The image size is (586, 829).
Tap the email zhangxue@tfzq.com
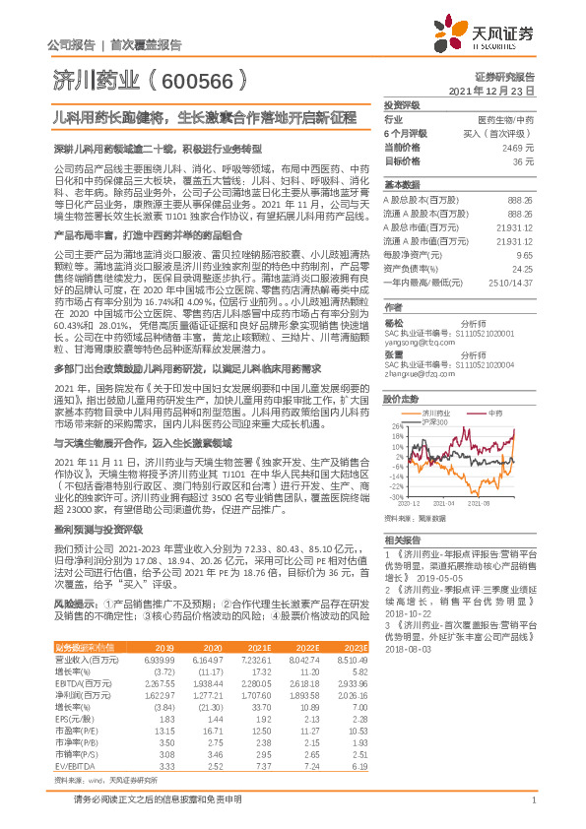(420, 374)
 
